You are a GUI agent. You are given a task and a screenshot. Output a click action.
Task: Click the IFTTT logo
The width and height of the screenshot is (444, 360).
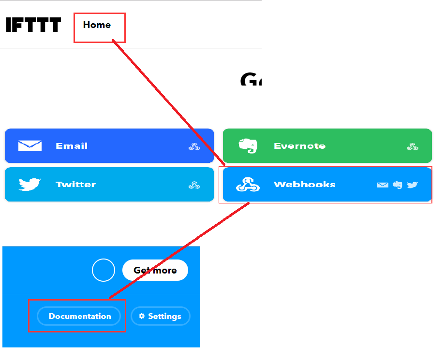tap(33, 25)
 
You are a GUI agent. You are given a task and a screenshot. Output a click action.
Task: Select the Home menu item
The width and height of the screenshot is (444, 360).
tap(97, 25)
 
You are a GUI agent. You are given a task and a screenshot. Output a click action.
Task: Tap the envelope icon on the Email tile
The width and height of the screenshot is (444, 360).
tap(30, 145)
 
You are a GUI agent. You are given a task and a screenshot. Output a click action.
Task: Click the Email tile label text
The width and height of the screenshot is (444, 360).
tap(72, 145)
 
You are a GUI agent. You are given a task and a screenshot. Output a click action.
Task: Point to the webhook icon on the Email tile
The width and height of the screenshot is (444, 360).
tap(194, 146)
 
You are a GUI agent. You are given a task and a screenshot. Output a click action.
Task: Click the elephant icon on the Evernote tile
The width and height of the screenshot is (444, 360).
tap(248, 145)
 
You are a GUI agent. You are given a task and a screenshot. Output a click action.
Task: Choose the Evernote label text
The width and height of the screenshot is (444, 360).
tap(299, 146)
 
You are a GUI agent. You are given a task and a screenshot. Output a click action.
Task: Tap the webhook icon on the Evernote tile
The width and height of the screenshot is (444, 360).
tap(413, 146)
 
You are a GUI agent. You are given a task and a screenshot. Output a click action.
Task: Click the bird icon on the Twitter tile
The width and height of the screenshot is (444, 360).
tap(30, 184)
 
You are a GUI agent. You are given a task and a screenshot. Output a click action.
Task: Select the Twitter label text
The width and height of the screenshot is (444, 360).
tap(75, 184)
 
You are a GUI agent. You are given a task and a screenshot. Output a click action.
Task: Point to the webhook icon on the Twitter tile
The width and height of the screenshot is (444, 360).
tap(194, 185)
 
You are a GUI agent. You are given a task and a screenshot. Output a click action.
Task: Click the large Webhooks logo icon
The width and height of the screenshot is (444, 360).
tap(248, 184)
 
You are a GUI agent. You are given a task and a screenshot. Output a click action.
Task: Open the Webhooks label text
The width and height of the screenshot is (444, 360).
tap(304, 185)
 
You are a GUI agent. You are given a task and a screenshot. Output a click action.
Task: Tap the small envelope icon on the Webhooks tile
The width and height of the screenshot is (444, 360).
tap(382, 185)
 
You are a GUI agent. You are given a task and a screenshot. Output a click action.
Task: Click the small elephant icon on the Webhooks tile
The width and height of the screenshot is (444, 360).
tap(398, 185)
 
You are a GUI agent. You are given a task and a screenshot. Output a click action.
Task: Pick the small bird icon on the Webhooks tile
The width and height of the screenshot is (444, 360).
tap(412, 185)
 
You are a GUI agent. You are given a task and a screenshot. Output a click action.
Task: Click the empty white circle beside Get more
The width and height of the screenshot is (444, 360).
tap(104, 270)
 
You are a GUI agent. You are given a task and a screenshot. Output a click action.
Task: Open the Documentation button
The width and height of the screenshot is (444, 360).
tap(80, 316)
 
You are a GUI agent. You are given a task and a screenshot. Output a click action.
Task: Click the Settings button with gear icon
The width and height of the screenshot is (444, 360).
tap(160, 316)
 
